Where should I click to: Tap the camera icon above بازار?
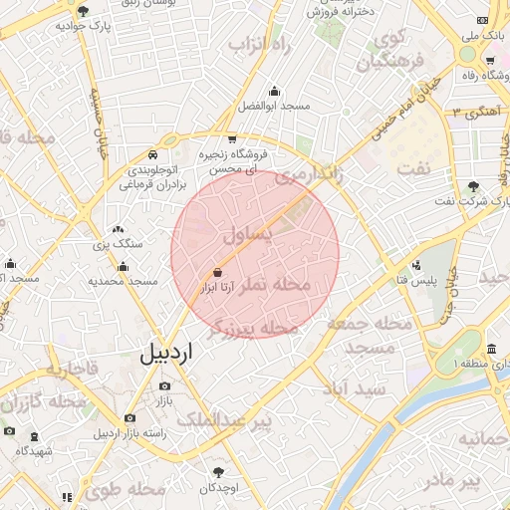coord(164,385)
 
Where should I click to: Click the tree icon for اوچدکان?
coord(218,472)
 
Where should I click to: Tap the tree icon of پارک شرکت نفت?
coord(473,186)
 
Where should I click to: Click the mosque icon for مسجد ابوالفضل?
coord(274,90)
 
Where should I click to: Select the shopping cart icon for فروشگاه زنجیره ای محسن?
coord(232,138)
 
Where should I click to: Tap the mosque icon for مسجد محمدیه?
coord(123,266)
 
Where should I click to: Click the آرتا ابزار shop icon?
coord(217,271)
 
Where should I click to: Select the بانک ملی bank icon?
coord(484,20)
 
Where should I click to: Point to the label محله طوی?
coord(125,489)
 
